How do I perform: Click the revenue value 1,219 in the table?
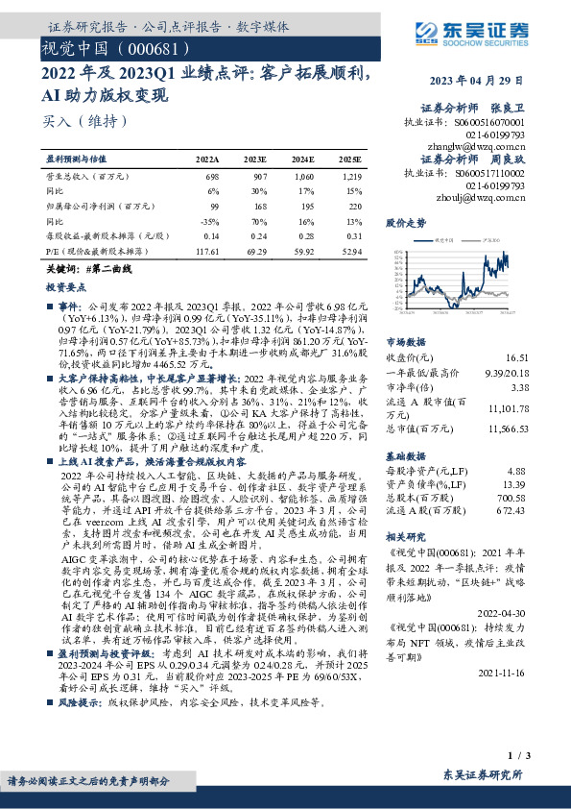(x=351, y=178)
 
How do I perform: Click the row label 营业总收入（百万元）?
(x=88, y=178)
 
